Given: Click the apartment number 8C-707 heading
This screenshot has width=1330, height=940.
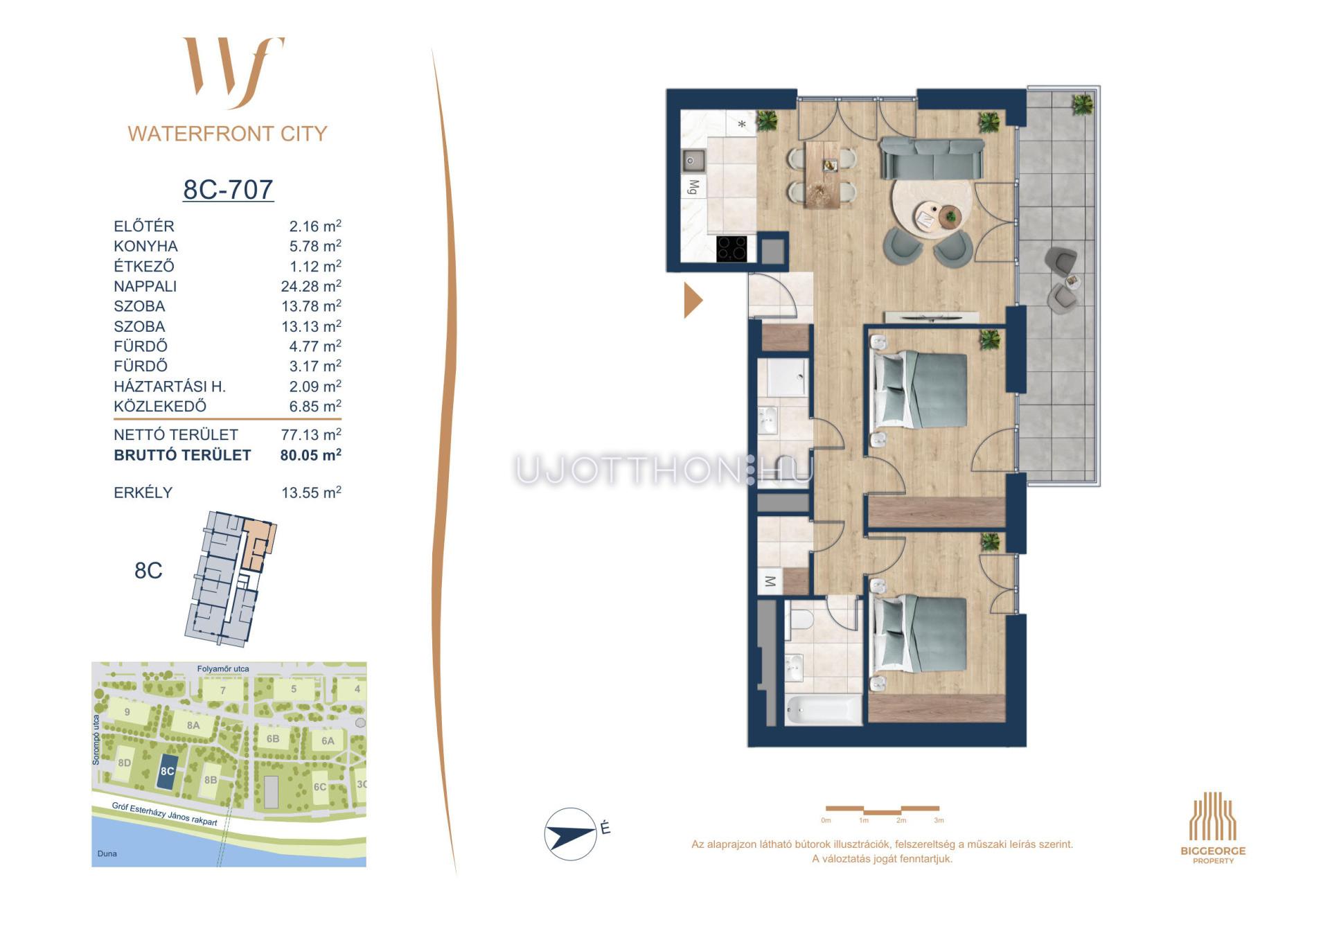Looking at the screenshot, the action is tap(228, 189).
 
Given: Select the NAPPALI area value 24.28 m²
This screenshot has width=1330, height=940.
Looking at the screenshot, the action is tap(311, 286).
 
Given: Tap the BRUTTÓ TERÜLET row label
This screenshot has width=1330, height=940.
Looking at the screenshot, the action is tap(182, 455).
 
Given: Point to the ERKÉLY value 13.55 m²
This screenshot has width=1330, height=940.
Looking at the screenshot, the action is tap(311, 493).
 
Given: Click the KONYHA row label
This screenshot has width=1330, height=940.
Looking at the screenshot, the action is tap(145, 246).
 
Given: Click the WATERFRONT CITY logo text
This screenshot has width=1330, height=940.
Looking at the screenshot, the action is tap(227, 134).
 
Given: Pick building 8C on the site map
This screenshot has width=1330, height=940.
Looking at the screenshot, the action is tap(166, 772).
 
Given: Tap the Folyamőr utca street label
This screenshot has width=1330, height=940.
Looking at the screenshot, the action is tap(223, 669).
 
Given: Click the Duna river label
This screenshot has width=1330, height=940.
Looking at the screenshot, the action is tap(107, 853).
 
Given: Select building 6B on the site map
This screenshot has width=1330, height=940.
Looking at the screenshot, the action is tap(273, 739).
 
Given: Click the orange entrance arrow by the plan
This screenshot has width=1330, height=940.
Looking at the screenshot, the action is tap(693, 300).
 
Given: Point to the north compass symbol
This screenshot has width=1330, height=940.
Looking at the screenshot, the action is tap(571, 834).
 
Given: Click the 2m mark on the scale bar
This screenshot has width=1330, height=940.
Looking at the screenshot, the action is tap(901, 820).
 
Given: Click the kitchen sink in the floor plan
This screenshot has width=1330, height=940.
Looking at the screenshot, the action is tap(693, 161).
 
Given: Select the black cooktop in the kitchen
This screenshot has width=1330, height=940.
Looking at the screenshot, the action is tap(731, 249).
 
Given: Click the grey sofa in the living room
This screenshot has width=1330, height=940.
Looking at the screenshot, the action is tap(932, 159).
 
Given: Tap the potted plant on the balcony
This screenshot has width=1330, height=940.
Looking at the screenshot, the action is tap(1082, 105).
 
